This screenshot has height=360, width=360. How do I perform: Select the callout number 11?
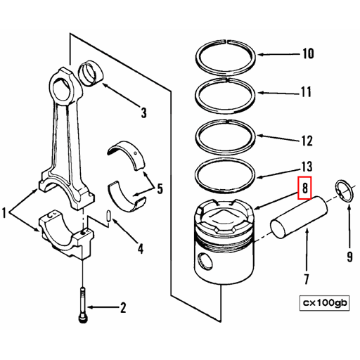(306, 92)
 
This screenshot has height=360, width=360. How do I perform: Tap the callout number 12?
(307, 141)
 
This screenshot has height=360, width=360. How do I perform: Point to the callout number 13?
(306, 167)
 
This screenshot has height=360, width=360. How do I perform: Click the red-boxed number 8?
(304, 188)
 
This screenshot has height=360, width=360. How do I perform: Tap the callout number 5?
(160, 188)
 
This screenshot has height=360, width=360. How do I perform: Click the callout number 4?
(141, 248)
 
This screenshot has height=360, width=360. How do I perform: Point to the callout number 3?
(143, 112)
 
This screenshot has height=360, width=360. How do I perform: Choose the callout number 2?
(122, 307)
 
